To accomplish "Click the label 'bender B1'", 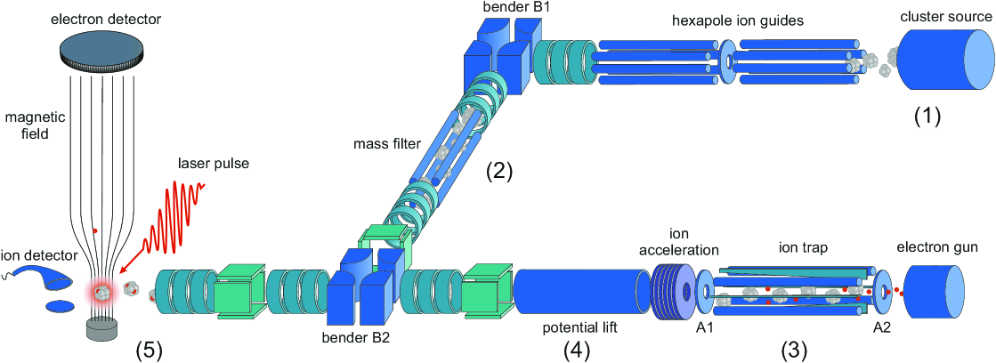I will (x=504, y=9).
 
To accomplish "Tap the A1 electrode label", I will (x=704, y=327).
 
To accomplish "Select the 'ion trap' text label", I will (x=803, y=248).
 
